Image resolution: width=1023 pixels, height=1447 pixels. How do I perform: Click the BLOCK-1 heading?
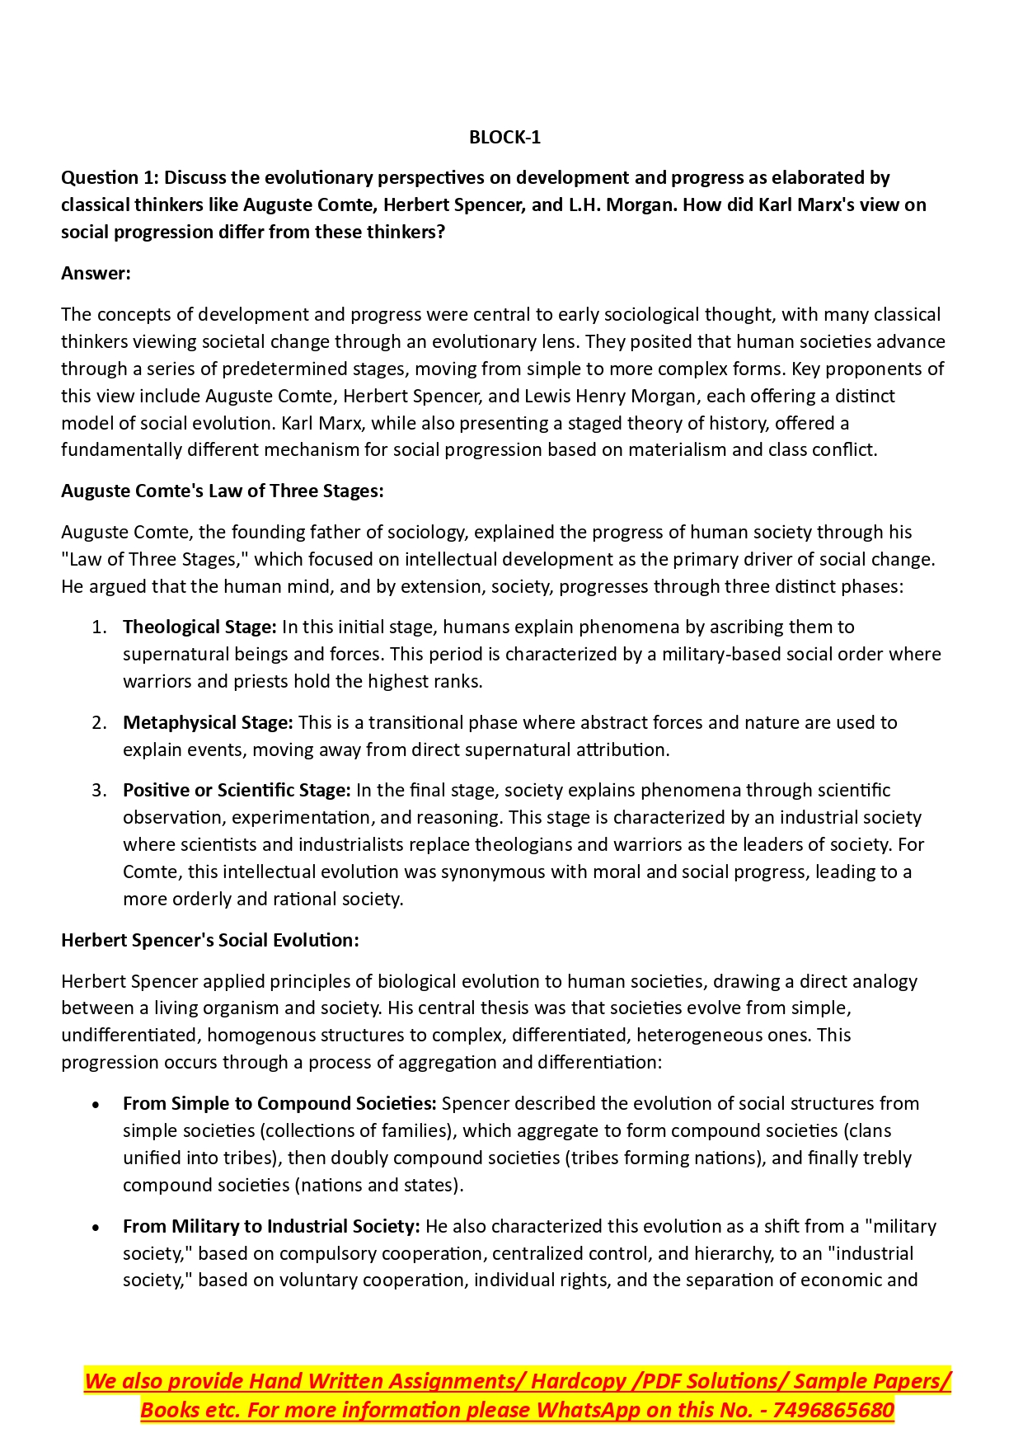[504, 137]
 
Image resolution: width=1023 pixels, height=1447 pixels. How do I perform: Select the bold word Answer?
[96, 273]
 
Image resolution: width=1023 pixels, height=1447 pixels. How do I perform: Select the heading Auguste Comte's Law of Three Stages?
[222, 491]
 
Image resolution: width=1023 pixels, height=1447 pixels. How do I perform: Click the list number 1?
[99, 627]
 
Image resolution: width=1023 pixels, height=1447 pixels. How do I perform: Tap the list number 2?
[99, 722]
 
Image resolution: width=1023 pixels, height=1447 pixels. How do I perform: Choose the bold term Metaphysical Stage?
[208, 722]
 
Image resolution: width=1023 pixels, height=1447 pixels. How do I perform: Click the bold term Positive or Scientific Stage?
[237, 790]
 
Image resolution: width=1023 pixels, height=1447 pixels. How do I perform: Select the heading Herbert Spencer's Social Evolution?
[209, 940]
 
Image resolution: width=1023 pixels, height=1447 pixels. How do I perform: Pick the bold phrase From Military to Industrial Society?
[271, 1226]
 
